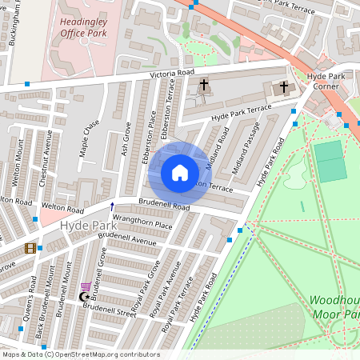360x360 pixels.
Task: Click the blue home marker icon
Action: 180,173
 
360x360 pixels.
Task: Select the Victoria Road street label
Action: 171,74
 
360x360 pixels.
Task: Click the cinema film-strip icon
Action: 30,248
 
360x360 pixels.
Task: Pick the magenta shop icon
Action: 86,286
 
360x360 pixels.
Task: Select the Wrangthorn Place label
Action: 142,226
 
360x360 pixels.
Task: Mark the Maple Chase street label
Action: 90,137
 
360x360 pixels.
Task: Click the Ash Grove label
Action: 126,138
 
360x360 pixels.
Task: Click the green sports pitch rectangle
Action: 330,160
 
